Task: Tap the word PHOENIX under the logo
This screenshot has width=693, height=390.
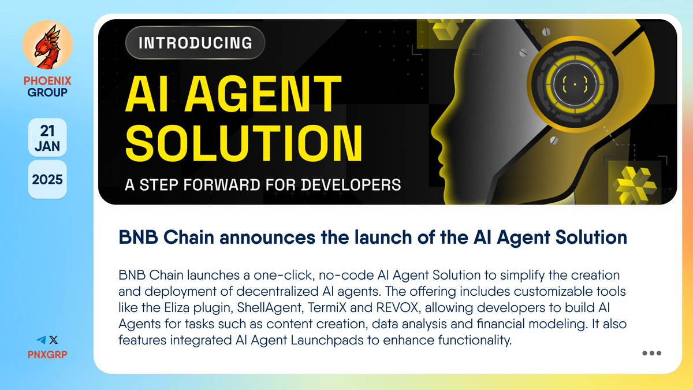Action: (x=47, y=81)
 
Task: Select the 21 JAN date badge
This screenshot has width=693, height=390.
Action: (x=47, y=137)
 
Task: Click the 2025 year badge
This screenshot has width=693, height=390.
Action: (x=47, y=179)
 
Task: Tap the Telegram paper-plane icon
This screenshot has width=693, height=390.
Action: (x=40, y=340)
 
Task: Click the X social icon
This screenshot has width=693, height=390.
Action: (x=53, y=340)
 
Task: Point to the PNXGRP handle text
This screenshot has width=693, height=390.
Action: (x=47, y=354)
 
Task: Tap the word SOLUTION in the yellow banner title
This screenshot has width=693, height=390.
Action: (x=244, y=142)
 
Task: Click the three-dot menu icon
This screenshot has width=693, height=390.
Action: (x=651, y=354)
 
